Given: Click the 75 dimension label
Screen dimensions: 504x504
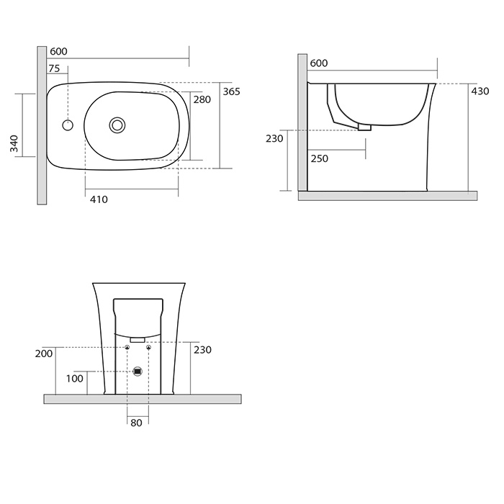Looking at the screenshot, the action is point(54,68).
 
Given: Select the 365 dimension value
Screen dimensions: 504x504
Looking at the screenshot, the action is point(231,91).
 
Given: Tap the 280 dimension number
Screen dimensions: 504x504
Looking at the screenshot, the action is point(202,99).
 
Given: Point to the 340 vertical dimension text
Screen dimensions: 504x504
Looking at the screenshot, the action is point(14,143).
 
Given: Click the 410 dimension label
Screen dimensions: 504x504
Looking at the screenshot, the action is point(99,199).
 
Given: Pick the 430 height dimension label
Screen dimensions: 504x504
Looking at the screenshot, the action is point(480,91).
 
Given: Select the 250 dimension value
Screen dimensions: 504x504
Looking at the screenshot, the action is point(320,158).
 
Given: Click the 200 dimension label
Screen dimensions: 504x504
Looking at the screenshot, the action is point(44,354).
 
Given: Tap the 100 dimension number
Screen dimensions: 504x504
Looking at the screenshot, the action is point(75,379).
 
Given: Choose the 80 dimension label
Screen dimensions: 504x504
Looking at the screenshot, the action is point(136,423).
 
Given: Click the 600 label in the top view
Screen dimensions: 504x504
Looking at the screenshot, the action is point(58,51).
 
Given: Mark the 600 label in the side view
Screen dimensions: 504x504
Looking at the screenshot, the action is point(319,63).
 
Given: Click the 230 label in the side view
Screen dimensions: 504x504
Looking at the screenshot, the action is point(274,138).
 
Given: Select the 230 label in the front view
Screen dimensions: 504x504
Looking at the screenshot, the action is point(202,350).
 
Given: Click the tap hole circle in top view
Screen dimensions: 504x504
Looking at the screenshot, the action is point(68,125).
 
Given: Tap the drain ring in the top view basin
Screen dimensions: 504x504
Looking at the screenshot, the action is point(117,125).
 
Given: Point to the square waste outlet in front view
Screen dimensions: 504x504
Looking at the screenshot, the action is point(138,372).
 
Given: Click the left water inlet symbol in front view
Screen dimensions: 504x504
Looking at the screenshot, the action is point(127,347).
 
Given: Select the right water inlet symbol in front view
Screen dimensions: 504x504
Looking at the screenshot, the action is point(148,347).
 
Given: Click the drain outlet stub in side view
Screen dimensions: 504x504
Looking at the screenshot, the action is point(365,127).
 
